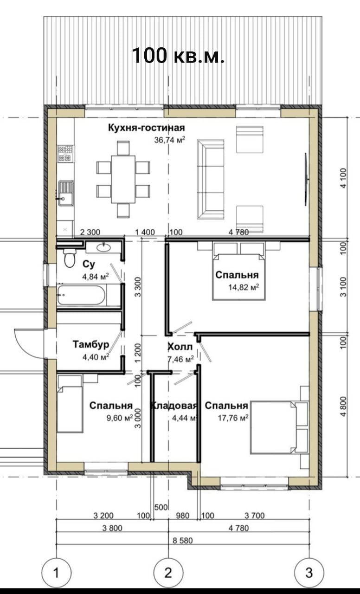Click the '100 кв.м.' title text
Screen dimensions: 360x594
(x=178, y=55)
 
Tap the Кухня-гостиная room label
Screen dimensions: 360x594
(x=146, y=128)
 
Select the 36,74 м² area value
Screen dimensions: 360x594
(x=169, y=140)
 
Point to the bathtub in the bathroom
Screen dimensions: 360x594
(x=81, y=295)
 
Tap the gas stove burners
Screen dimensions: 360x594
(x=65, y=154)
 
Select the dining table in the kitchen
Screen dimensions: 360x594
(x=123, y=179)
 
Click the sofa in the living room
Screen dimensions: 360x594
(x=211, y=180)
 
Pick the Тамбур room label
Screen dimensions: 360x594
(x=91, y=344)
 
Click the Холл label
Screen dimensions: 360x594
(x=180, y=347)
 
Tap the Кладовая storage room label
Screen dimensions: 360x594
(x=174, y=406)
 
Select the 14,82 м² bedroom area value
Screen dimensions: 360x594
(x=244, y=287)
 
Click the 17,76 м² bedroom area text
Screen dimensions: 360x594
(x=233, y=418)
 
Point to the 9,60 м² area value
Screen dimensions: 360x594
(x=120, y=418)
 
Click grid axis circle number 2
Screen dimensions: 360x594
(x=168, y=573)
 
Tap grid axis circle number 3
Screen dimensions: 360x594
(x=309, y=573)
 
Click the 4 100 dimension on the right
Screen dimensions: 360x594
(x=343, y=178)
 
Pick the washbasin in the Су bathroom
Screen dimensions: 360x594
(x=103, y=247)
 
